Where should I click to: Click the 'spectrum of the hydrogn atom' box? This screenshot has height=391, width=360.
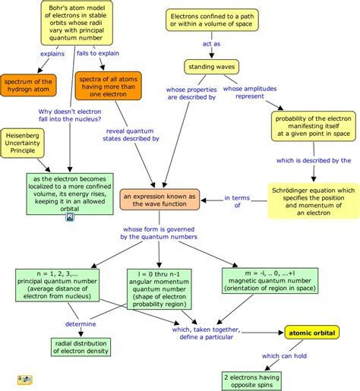pos(28,86)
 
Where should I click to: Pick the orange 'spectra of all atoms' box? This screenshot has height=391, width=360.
pos(108,86)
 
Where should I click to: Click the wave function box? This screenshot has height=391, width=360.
pos(160,200)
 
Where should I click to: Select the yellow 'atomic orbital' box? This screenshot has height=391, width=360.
pos(311,333)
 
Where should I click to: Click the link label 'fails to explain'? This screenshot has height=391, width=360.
pos(95,55)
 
